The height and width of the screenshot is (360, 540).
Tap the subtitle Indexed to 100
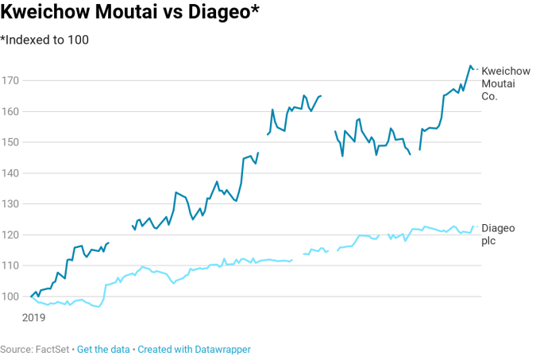(x=44, y=40)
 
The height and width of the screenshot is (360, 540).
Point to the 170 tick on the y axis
(x=11, y=80)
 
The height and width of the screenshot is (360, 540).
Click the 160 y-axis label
(x=11, y=111)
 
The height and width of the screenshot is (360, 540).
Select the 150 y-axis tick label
(x=11, y=142)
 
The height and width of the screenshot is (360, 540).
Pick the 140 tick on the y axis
(x=11, y=173)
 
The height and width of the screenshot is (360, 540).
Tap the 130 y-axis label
(x=11, y=204)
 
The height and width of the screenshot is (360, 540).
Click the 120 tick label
(x=11, y=235)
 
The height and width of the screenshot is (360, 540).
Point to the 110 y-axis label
(x=11, y=265)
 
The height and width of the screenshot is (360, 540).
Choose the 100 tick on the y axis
(x=11, y=296)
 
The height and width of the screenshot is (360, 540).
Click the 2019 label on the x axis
(x=33, y=317)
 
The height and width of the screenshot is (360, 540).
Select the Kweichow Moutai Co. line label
(x=506, y=83)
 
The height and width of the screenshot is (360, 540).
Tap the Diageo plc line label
(x=498, y=234)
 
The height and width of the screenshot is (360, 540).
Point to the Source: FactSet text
(x=35, y=349)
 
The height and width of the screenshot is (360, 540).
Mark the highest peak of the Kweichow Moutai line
(x=470, y=66)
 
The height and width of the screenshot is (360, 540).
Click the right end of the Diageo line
(x=473, y=226)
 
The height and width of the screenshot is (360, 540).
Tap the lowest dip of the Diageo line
(x=98, y=307)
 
